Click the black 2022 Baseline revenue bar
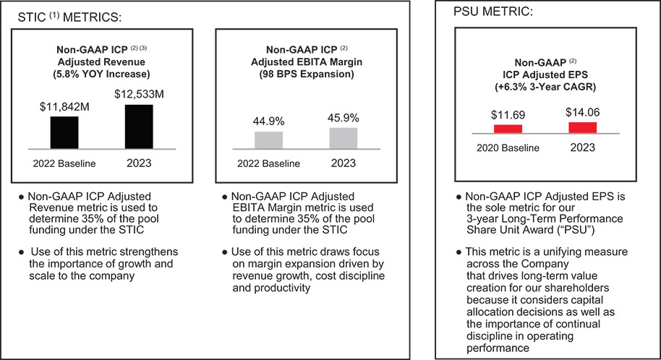64,132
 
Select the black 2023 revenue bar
138,127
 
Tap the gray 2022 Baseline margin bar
269,140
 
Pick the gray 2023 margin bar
344,138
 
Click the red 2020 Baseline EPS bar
508,129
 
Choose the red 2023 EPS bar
583,127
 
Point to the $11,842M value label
64,108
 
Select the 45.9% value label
343,118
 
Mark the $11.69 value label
508,113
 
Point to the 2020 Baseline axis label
508,148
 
